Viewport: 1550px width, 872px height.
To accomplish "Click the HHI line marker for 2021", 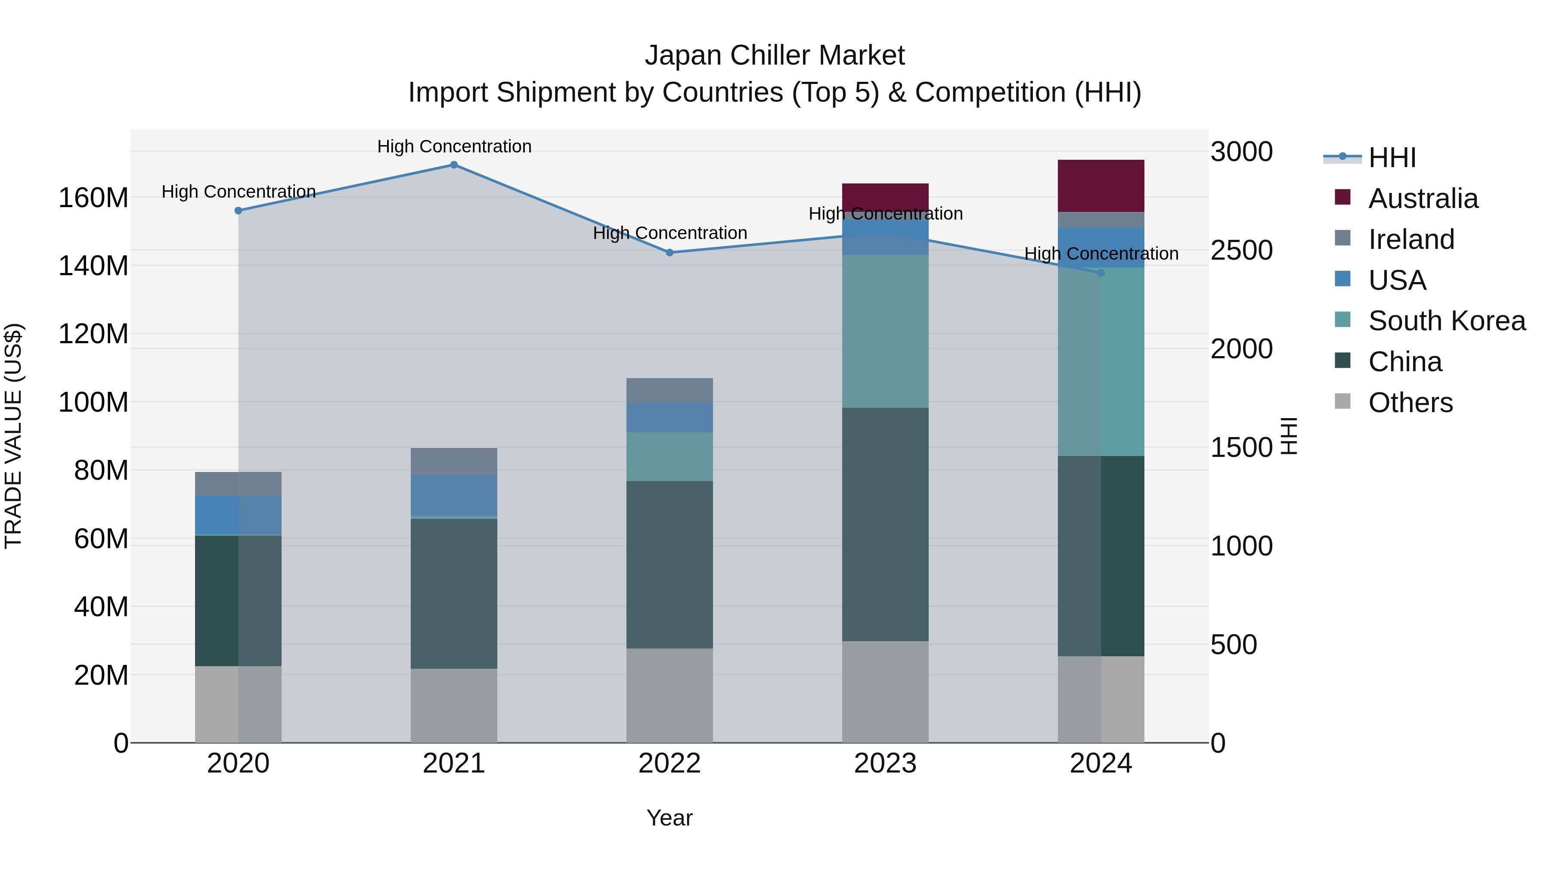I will coord(454,165).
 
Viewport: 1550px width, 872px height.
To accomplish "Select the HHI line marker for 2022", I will coord(670,253).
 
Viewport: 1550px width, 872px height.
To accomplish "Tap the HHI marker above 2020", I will coord(238,211).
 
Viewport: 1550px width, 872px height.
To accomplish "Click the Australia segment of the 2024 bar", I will coord(1101,186).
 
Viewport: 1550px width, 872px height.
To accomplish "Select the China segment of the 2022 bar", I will coord(670,565).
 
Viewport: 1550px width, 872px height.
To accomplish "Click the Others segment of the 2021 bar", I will coord(454,705).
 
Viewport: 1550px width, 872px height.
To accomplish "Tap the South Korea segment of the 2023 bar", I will coord(885,331).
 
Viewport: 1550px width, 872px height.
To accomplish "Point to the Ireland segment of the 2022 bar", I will coord(670,391).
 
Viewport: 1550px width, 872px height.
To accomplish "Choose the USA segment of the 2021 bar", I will coord(454,495).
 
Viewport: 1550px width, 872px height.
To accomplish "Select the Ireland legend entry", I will coord(1411,239).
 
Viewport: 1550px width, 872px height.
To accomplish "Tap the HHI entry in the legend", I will coord(1392,158).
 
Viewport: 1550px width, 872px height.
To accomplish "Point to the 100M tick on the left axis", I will coord(93,402).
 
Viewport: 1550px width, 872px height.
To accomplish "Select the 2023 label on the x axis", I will coord(885,763).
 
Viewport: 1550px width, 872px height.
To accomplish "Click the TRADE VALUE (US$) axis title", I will coord(13,436).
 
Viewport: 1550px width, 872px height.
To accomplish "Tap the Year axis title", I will coord(669,818).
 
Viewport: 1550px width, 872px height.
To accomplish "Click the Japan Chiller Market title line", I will coord(775,56).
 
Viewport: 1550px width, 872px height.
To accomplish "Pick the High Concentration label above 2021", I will coord(454,146).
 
